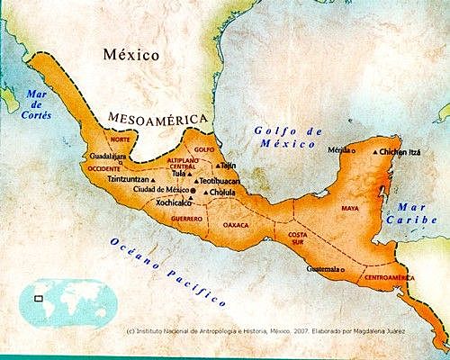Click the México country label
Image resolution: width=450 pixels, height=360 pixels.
[130, 55]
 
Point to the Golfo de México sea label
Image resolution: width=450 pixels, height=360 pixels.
[287, 137]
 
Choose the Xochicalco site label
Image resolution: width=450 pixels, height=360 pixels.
[175, 203]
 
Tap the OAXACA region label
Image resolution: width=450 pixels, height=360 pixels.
[236, 225]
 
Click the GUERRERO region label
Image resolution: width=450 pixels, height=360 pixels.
[185, 219]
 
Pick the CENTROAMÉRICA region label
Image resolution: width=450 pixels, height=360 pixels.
[391, 279]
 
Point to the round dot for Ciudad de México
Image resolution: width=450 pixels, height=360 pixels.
[191, 192]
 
